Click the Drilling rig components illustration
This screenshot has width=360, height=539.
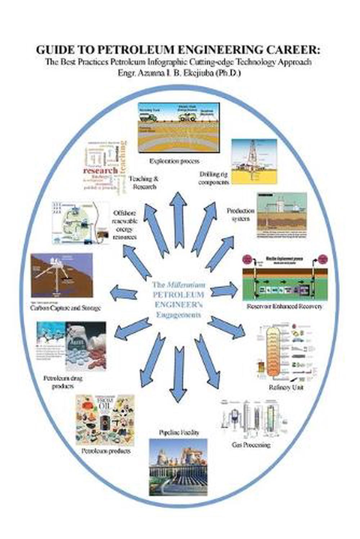[x=254, y=162]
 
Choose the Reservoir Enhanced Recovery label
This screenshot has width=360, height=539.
[x=284, y=306]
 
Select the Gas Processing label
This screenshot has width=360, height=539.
[x=251, y=445]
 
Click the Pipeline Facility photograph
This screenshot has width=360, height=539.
[x=178, y=467]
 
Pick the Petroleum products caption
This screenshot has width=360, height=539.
[x=106, y=451]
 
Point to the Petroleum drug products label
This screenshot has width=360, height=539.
[x=63, y=382]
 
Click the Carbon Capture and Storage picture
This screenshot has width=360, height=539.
[x=62, y=275]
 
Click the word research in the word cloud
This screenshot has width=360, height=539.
[x=100, y=170]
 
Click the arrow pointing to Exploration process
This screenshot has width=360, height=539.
[x=178, y=220]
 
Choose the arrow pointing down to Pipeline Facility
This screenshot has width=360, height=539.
[x=177, y=374]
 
